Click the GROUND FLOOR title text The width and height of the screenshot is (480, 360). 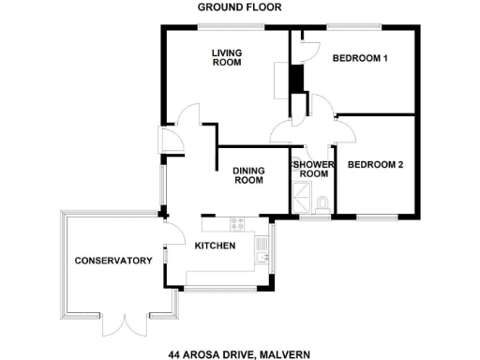tap(239, 7)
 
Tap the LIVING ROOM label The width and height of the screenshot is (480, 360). tap(226, 58)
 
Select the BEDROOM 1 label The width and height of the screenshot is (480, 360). tap(360, 59)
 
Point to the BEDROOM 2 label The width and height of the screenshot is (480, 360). tap(375, 165)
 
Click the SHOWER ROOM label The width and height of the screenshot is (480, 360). tap(312, 169)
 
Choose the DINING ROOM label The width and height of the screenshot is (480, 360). tap(247, 175)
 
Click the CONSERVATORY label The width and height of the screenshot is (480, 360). tap(113, 260)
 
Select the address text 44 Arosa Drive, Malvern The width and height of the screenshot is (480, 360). tap(238, 354)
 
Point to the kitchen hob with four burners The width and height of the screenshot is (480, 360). tap(235, 225)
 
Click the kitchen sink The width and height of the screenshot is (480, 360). tap(262, 247)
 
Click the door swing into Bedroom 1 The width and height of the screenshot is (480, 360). tap(308, 49)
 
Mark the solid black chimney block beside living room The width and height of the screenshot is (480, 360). tap(295, 79)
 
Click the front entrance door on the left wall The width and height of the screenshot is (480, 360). tap(172, 140)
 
